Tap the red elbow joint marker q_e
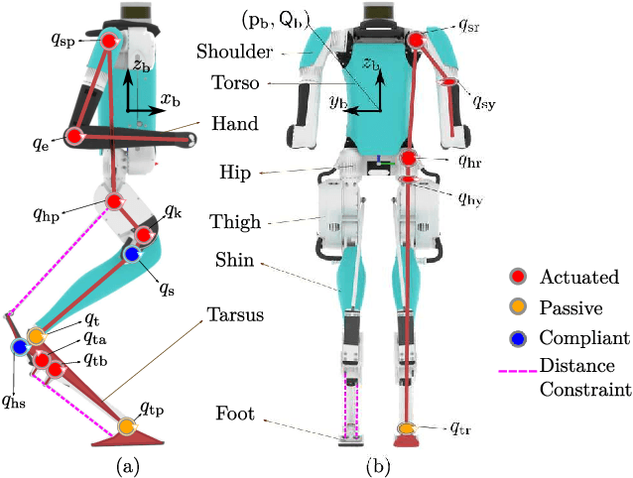[x=74, y=136]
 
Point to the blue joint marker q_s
[x=131, y=256]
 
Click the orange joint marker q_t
[x=36, y=336]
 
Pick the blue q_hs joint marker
[x=19, y=347]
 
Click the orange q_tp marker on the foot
[x=126, y=426]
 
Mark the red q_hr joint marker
[x=410, y=158]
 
